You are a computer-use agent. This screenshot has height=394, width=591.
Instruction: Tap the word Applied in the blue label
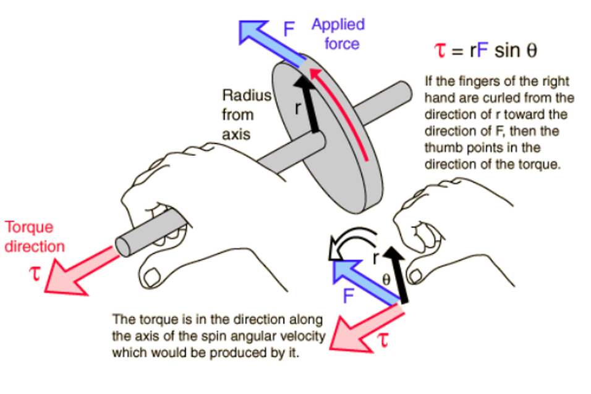[338, 25]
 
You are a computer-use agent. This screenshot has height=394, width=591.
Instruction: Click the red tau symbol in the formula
[440, 50]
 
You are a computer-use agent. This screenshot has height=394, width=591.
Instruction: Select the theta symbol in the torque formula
[532, 50]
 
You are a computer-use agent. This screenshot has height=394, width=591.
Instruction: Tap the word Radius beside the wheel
[247, 95]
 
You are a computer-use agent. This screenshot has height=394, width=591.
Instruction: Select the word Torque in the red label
[29, 228]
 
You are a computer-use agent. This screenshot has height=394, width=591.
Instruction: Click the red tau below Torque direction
[35, 274]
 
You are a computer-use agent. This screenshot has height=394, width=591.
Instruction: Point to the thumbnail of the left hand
[152, 277]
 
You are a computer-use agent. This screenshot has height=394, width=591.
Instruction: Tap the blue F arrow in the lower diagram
[365, 282]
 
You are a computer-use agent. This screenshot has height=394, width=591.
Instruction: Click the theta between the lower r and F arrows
[386, 280]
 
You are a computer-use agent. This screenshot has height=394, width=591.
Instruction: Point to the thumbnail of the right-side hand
[415, 276]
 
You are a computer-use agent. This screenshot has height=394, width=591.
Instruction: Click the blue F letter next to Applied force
[289, 29]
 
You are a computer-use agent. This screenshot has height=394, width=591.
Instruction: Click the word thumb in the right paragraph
[444, 148]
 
